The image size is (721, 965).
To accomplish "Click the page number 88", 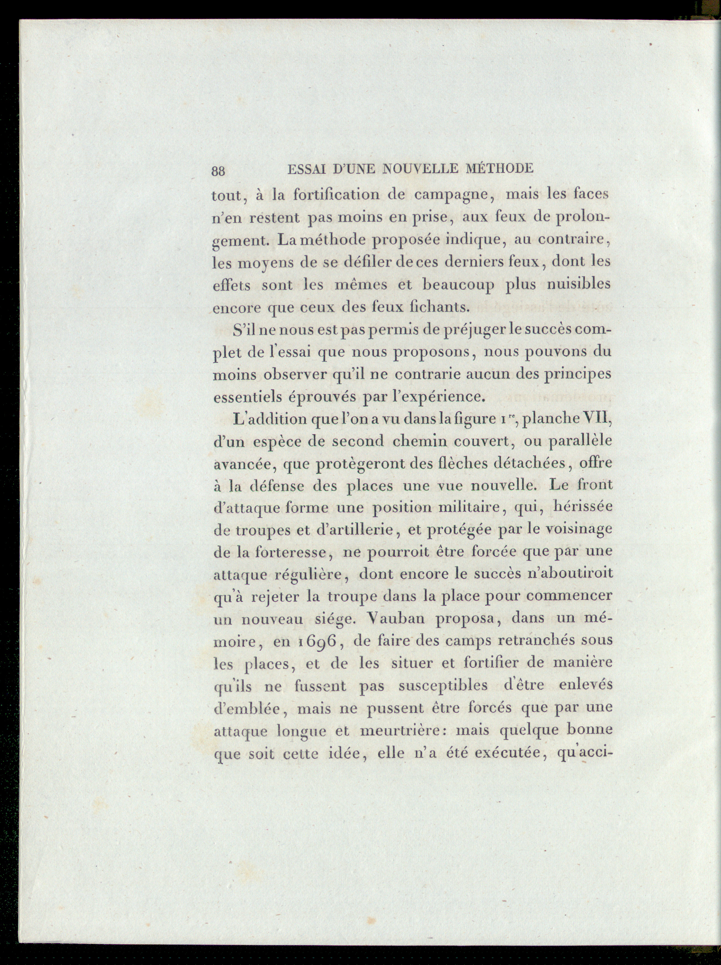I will point(218,171).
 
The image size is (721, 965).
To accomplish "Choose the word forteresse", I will point(294,552).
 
